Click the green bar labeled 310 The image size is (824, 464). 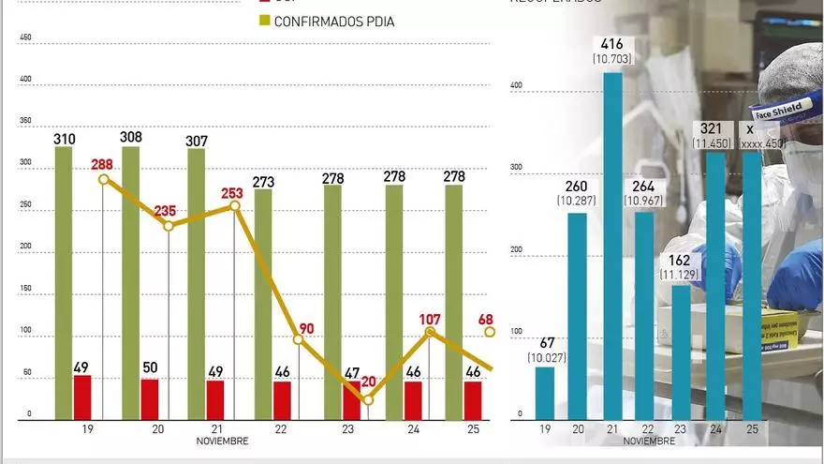[64, 281]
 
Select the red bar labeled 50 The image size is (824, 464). [150, 399]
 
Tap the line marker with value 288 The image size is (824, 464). [103, 179]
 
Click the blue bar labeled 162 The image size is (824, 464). [681, 352]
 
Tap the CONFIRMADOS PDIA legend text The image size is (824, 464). [333, 21]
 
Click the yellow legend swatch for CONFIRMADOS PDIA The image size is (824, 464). [262, 21]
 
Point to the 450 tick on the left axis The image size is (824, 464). [25, 38]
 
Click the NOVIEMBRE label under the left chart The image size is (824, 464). [222, 441]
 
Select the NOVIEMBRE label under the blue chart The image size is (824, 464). [648, 441]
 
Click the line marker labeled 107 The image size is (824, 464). [430, 332]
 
